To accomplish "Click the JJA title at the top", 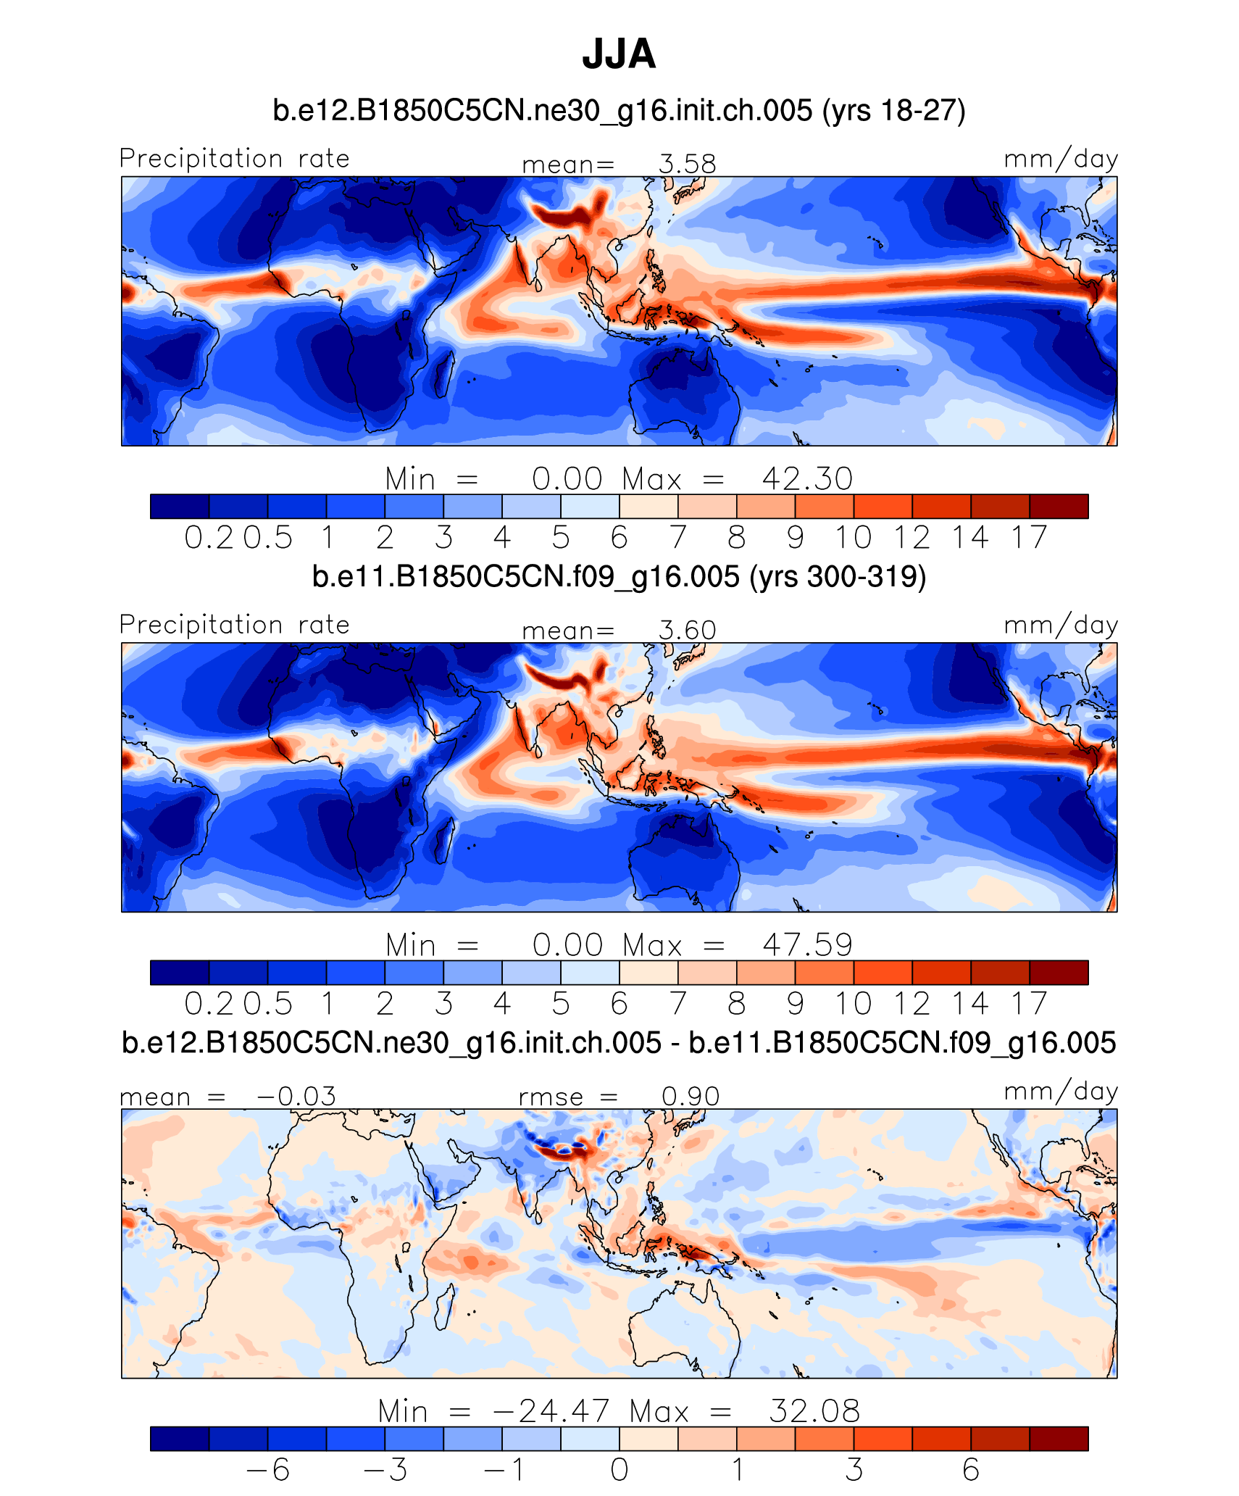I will click(619, 54).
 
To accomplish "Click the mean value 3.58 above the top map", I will click(687, 164).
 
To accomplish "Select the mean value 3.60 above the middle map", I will click(687, 630).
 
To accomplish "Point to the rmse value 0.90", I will click(690, 1096).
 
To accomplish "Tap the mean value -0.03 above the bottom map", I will click(296, 1096).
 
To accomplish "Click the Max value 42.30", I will click(807, 479).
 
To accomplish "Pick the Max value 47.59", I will click(807, 945).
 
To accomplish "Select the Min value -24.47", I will click(551, 1411).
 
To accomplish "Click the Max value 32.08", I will click(814, 1411).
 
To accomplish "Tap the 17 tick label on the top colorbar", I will click(1030, 538).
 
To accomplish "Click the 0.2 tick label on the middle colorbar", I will click(209, 1004).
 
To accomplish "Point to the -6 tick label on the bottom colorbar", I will click(268, 1470).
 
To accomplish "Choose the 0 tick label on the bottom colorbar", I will click(619, 1470).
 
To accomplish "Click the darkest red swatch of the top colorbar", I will click(1059, 506).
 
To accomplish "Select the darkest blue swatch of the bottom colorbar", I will click(180, 1438).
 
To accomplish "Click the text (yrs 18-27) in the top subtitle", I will click(893, 111).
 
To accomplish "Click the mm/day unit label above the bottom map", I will click(1061, 1092).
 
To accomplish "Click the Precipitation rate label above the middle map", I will click(235, 625).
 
